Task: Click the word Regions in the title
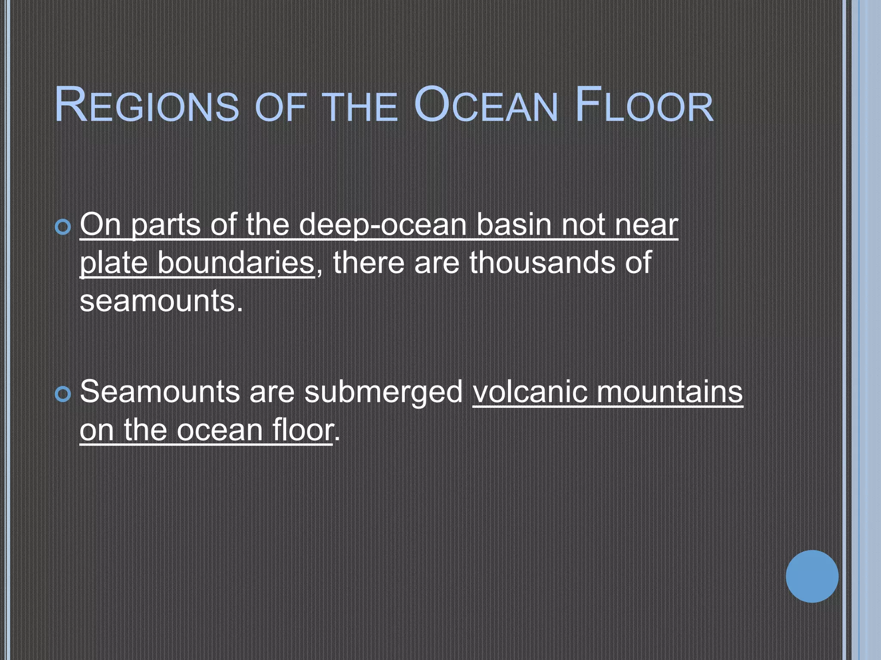click(x=147, y=105)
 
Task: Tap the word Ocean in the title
click(x=486, y=105)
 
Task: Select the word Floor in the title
click(x=644, y=105)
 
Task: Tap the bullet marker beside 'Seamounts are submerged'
click(x=63, y=394)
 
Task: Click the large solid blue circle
click(x=812, y=576)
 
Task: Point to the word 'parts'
click(x=166, y=225)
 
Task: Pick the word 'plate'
click(x=113, y=263)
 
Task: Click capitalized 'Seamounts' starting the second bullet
click(x=160, y=392)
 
